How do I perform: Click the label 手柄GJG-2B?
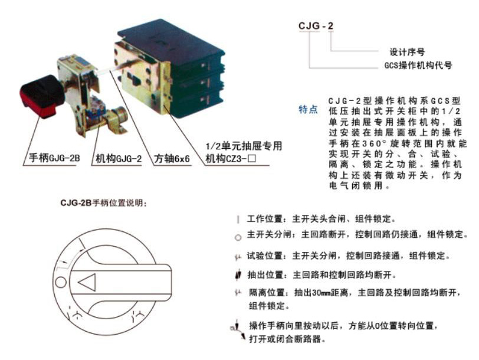(53, 159)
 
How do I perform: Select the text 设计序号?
(408, 51)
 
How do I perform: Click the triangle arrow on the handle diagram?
(87, 283)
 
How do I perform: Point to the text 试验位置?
(263, 256)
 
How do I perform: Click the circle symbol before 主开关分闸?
(237, 237)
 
